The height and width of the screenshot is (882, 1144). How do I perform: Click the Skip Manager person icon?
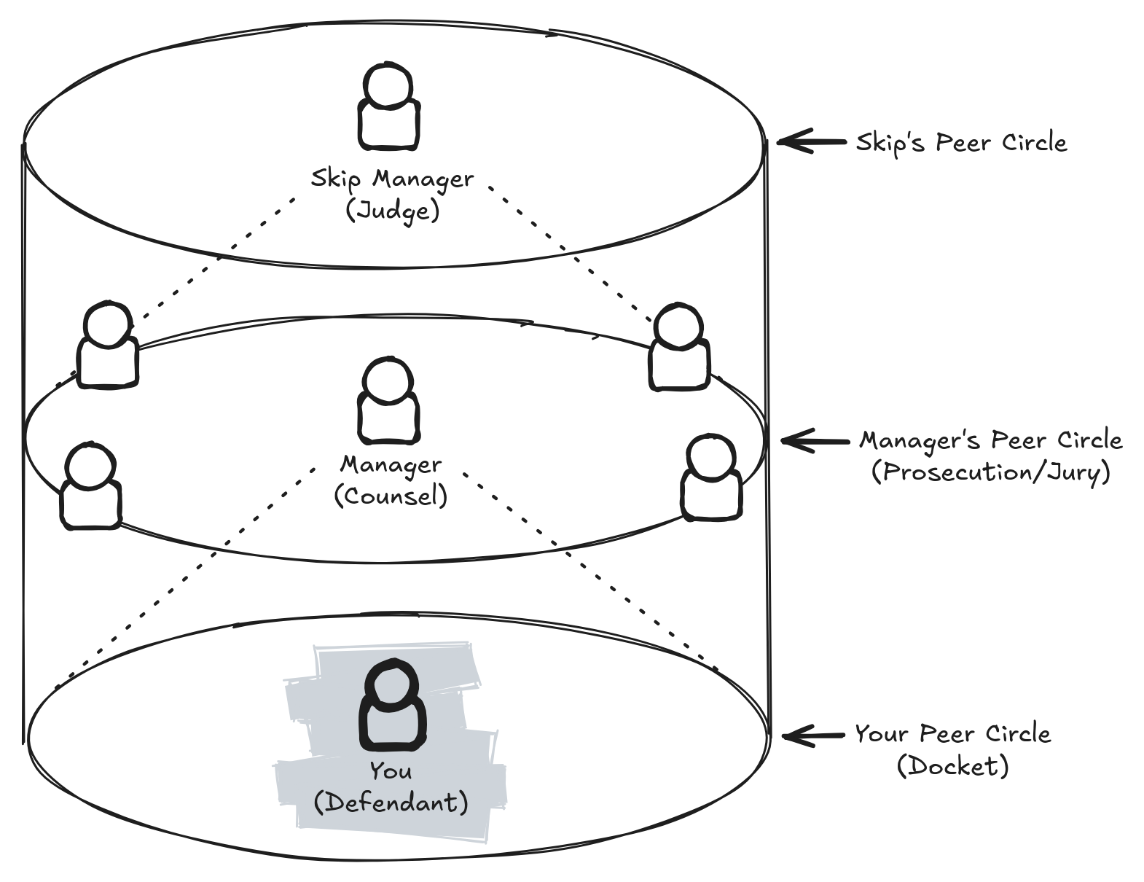click(388, 109)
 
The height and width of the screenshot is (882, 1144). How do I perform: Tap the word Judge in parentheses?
click(392, 211)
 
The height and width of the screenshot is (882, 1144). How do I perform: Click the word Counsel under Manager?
click(391, 496)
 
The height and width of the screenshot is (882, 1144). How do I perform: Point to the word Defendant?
click(391, 803)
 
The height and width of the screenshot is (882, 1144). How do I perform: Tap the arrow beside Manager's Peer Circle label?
click(815, 440)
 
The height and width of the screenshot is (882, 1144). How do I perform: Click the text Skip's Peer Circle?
click(961, 142)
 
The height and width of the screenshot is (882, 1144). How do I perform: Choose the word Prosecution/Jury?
click(991, 472)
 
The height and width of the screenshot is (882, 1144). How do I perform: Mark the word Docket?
click(953, 766)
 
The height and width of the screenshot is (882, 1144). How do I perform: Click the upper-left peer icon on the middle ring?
click(108, 346)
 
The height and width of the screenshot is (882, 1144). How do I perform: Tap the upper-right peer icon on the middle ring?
click(679, 348)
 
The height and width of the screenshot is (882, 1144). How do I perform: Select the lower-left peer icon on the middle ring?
click(90, 487)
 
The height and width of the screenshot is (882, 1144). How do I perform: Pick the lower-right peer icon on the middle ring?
click(712, 478)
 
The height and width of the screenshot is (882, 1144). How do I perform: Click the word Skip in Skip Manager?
click(335, 179)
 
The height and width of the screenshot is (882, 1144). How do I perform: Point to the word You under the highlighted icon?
click(391, 770)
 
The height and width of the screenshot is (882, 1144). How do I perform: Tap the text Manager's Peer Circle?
click(991, 440)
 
